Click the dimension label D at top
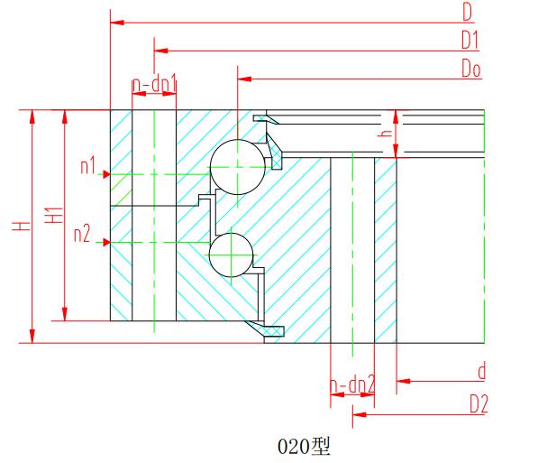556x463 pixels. click(468, 12)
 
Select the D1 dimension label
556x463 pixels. click(469, 40)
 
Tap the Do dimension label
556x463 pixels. click(469, 69)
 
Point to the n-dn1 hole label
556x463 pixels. click(154, 85)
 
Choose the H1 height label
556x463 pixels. click(54, 216)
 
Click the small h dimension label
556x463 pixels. click(385, 132)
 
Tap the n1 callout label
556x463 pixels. click(88, 166)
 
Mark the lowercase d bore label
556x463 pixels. click(481, 372)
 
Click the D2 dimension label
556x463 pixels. click(479, 404)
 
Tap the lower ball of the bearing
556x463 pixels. click(230, 254)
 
